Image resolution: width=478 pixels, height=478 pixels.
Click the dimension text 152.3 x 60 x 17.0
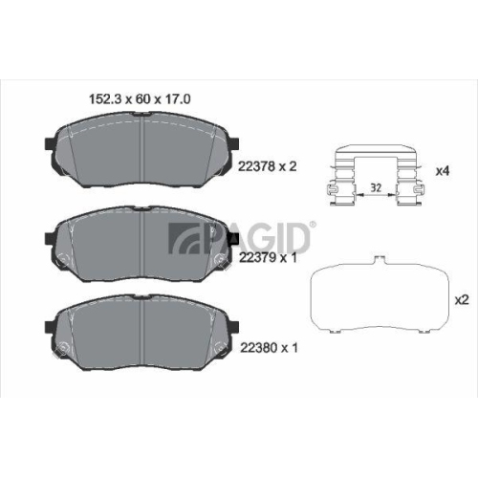[x=140, y=99]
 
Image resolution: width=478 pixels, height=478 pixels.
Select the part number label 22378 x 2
[x=268, y=166]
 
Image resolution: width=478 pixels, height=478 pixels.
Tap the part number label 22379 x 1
[x=268, y=257]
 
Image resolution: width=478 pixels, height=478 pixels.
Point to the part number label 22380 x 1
[x=269, y=348]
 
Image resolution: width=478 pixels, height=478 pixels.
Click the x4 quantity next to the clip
[x=443, y=171]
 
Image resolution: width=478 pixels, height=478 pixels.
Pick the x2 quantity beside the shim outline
[x=462, y=300]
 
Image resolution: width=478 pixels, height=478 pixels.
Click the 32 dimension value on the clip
[x=376, y=187]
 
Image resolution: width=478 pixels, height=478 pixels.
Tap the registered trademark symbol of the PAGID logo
[x=314, y=225]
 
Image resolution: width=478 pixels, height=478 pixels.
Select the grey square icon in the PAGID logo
[x=182, y=238]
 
